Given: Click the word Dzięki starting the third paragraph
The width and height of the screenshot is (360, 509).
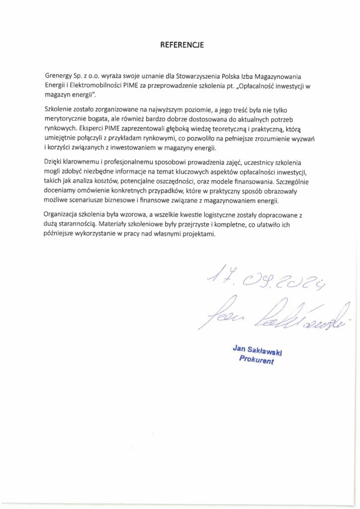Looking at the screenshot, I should pyautogui.click(x=54, y=162).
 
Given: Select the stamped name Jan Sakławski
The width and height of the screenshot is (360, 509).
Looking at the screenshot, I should pyautogui.click(x=257, y=351).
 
